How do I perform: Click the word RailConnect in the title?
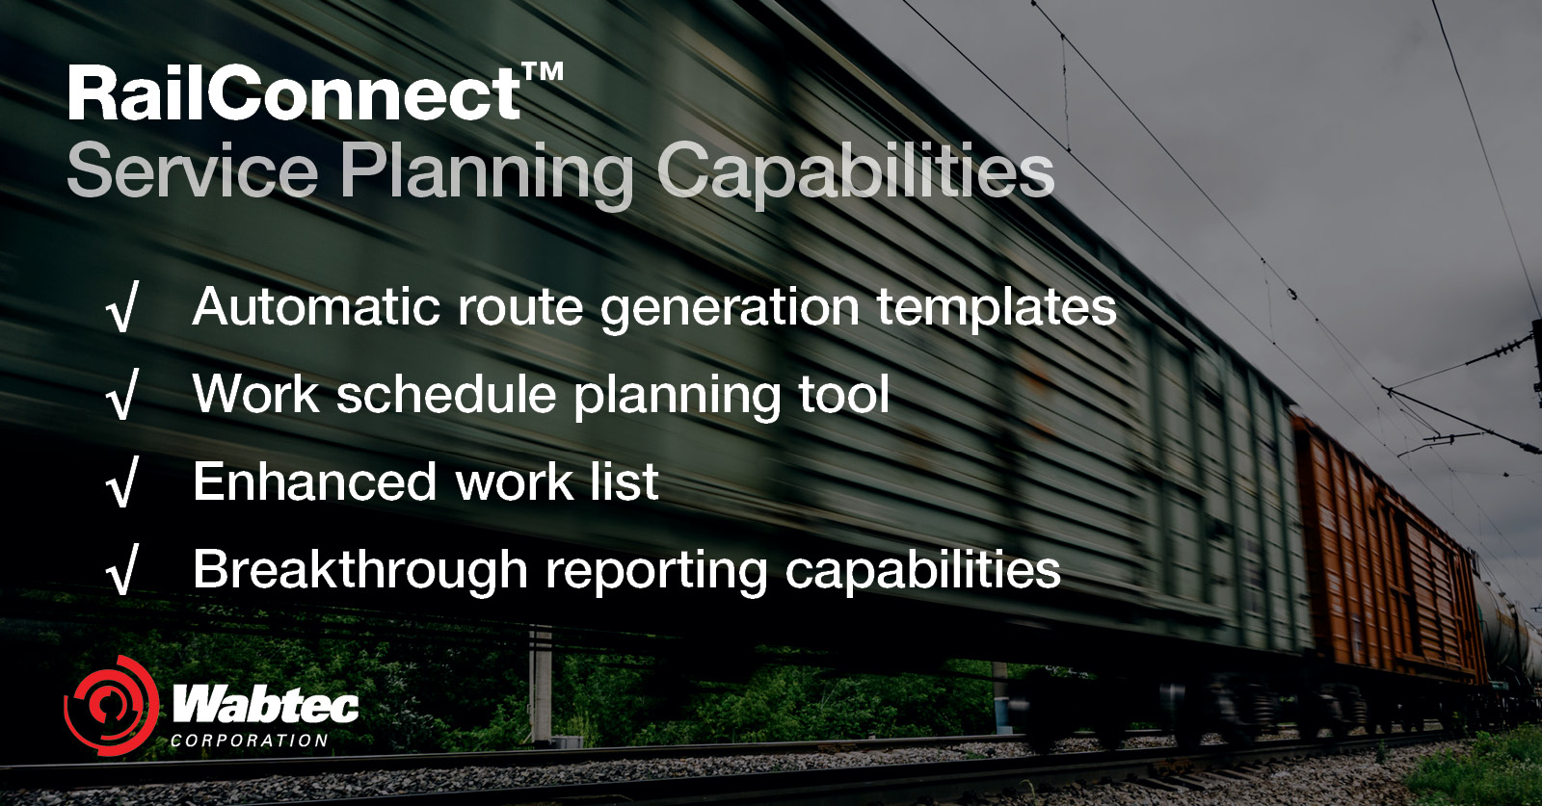click(x=294, y=94)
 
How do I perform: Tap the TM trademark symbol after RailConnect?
click(x=543, y=74)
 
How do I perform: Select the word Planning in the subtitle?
click(x=486, y=172)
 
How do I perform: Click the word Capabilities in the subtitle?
click(x=855, y=172)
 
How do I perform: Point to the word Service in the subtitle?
click(x=192, y=172)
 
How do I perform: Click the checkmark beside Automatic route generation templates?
click(x=122, y=309)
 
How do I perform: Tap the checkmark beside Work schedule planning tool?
click(x=122, y=396)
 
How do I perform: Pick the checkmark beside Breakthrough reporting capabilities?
click(x=122, y=571)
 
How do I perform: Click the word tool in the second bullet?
click(x=843, y=395)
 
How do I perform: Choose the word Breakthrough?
click(x=359, y=569)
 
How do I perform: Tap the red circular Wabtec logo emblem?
click(x=111, y=707)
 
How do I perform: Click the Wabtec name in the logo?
click(x=265, y=705)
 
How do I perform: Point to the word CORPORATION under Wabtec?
click(x=250, y=741)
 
